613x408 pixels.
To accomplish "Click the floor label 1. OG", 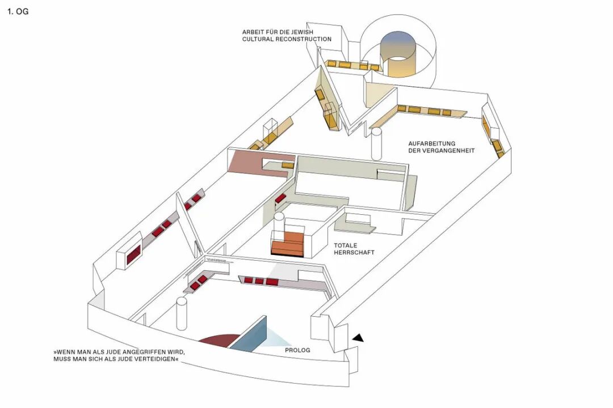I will tap(18, 11).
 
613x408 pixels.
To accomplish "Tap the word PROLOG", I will tap(297, 350).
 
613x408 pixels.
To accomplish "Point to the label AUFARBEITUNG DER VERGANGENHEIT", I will tap(441, 147).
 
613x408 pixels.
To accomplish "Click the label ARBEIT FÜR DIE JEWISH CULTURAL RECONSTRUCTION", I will tap(287, 35).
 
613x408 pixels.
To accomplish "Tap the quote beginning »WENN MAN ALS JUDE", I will tap(120, 355).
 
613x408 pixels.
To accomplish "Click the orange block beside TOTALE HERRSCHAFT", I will tap(288, 244).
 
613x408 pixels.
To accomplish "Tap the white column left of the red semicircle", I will tap(182, 313).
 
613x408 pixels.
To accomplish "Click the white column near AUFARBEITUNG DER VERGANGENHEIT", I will tap(376, 144).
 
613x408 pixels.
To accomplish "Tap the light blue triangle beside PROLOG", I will tap(278, 339).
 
